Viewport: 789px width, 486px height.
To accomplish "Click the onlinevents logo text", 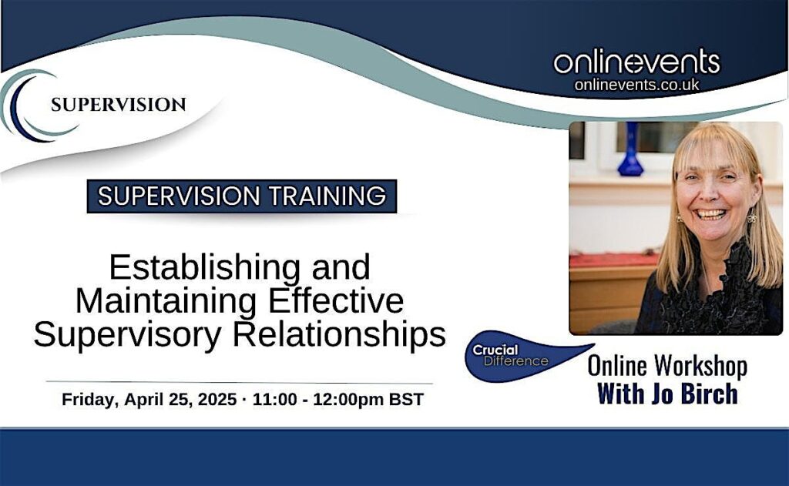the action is [636, 62].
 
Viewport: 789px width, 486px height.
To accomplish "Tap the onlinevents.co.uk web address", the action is [636, 85].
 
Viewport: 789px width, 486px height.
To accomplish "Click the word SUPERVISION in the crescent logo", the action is [118, 105].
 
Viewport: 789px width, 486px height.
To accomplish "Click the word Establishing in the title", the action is [204, 268].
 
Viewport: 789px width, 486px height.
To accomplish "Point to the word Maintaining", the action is [166, 301].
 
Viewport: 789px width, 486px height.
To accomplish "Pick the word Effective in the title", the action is [336, 300].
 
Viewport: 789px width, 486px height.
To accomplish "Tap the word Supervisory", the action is [127, 334].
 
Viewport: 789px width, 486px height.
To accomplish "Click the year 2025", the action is [217, 400].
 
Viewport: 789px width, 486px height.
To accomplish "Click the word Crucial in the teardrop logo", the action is [495, 350].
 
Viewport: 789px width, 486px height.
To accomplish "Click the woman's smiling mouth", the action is [710, 214].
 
